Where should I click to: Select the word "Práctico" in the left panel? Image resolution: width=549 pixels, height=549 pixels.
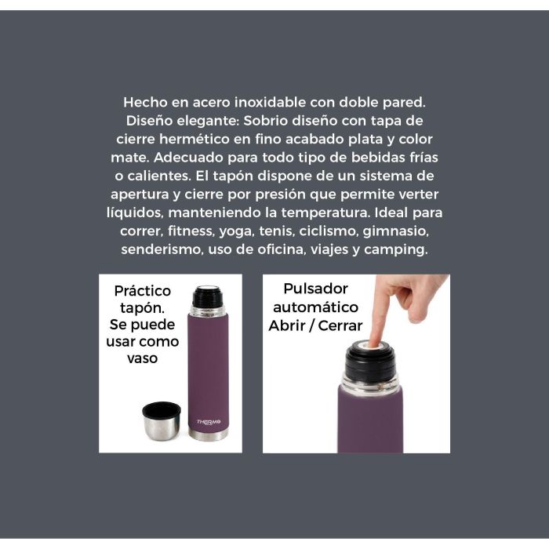point(143,291)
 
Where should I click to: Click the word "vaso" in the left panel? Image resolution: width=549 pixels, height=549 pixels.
point(143,358)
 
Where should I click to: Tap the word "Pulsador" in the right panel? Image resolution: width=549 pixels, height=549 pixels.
point(315,289)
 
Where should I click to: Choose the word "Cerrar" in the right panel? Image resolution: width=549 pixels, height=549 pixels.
point(340,326)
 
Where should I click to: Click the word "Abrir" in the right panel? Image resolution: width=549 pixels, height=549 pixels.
point(286,326)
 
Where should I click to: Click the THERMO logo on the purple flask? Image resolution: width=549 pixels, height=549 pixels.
point(209,422)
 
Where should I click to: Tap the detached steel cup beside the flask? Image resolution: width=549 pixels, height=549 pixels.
point(161,420)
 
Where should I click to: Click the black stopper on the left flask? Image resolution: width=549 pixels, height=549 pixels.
point(207,297)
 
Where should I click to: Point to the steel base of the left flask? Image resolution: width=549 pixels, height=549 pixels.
point(209,434)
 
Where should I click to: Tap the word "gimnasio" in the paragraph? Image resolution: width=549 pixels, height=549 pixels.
point(395,231)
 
